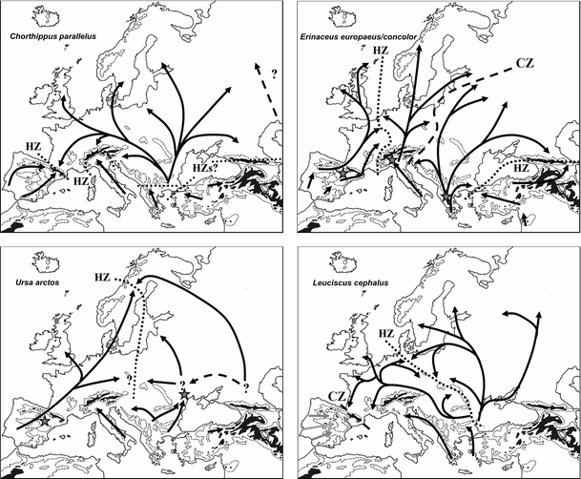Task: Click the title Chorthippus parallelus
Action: coord(53,36)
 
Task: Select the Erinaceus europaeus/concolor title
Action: coord(359,36)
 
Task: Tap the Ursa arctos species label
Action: coord(37,282)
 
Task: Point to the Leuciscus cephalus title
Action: coord(350,283)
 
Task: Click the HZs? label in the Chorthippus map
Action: coord(206,169)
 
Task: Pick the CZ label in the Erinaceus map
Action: coord(525,63)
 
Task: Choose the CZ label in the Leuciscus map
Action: coord(337,396)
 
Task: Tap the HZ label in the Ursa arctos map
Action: coord(102,277)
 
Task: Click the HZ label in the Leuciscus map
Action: coord(386,333)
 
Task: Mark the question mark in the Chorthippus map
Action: coord(274,74)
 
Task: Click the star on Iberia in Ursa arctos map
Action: coord(45,421)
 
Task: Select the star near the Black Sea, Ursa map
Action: coord(184,394)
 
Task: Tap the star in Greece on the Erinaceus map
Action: coord(446,196)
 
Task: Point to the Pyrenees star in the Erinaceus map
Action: coord(343,173)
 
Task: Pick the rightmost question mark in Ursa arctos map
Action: coord(246,387)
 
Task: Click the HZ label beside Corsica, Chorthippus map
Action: coord(80,181)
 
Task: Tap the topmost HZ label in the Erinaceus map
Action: coord(380,50)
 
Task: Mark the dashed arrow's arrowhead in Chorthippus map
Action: coord(257,67)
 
